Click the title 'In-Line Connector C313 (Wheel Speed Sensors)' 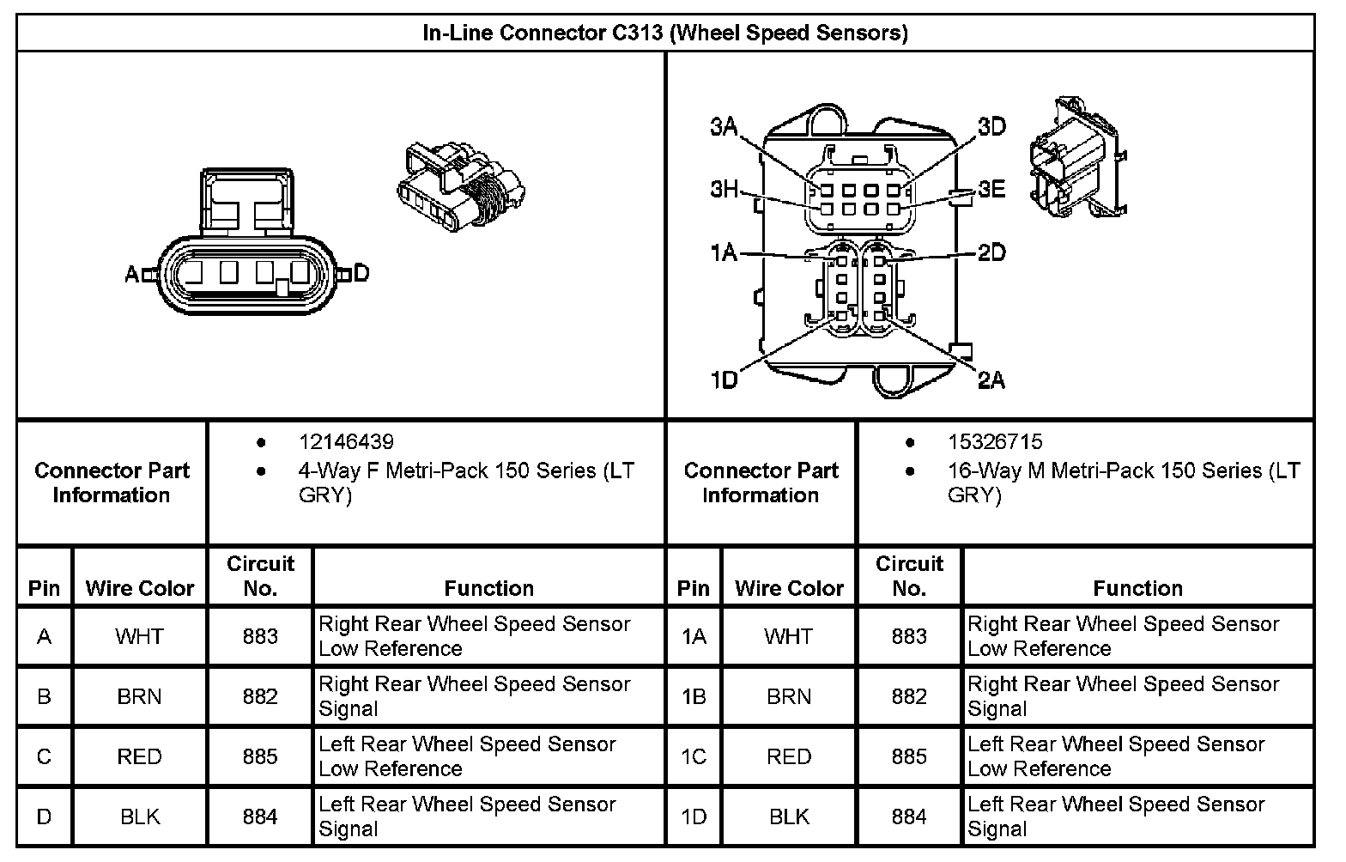tap(664, 33)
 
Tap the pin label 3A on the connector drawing tap(724, 127)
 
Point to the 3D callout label tap(991, 127)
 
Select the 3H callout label tap(724, 189)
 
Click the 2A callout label tap(991, 379)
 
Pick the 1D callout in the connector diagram tap(724, 379)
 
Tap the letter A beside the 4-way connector tap(131, 275)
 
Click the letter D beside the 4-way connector tap(361, 274)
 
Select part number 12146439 tap(346, 442)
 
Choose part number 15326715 tap(995, 442)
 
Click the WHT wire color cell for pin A tap(139, 636)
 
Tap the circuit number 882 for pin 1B tap(909, 696)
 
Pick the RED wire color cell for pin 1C tap(789, 756)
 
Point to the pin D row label tap(44, 816)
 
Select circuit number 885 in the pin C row tap(260, 756)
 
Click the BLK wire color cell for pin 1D tap(789, 816)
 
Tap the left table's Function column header tap(488, 588)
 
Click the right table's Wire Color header tap(789, 588)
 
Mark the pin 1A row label tap(694, 636)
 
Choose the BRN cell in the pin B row tap(139, 696)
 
